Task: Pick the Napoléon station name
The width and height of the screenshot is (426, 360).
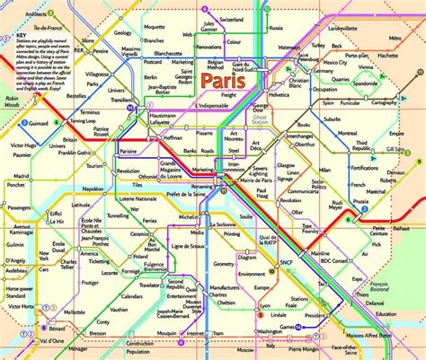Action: click(93, 189)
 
